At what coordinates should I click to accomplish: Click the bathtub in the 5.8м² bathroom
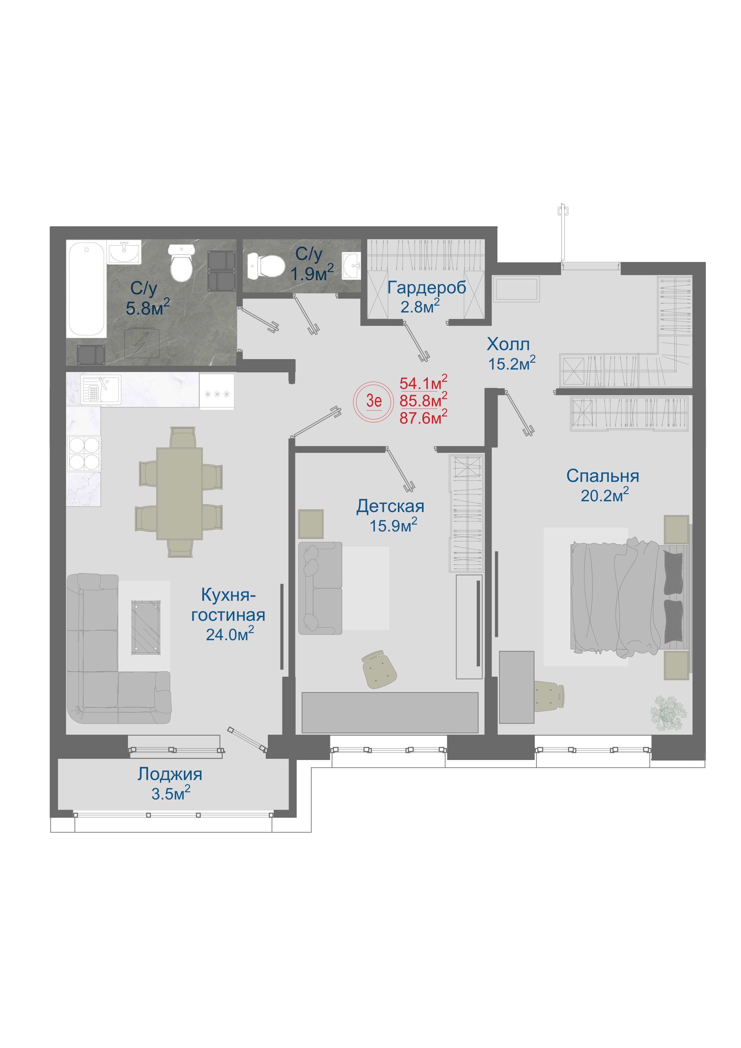pos(86,289)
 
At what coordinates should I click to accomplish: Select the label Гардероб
pos(427,288)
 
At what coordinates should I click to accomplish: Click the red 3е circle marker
pos(374,401)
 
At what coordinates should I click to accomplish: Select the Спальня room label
pos(603,476)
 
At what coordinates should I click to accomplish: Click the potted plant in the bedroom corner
pos(668,713)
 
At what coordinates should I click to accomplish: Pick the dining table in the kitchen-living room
pos(179,494)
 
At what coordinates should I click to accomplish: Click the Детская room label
pos(390,506)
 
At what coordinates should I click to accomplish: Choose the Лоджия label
pos(170,774)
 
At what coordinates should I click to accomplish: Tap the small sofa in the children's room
pos(320,588)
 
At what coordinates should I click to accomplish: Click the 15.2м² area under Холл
pos(512,363)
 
